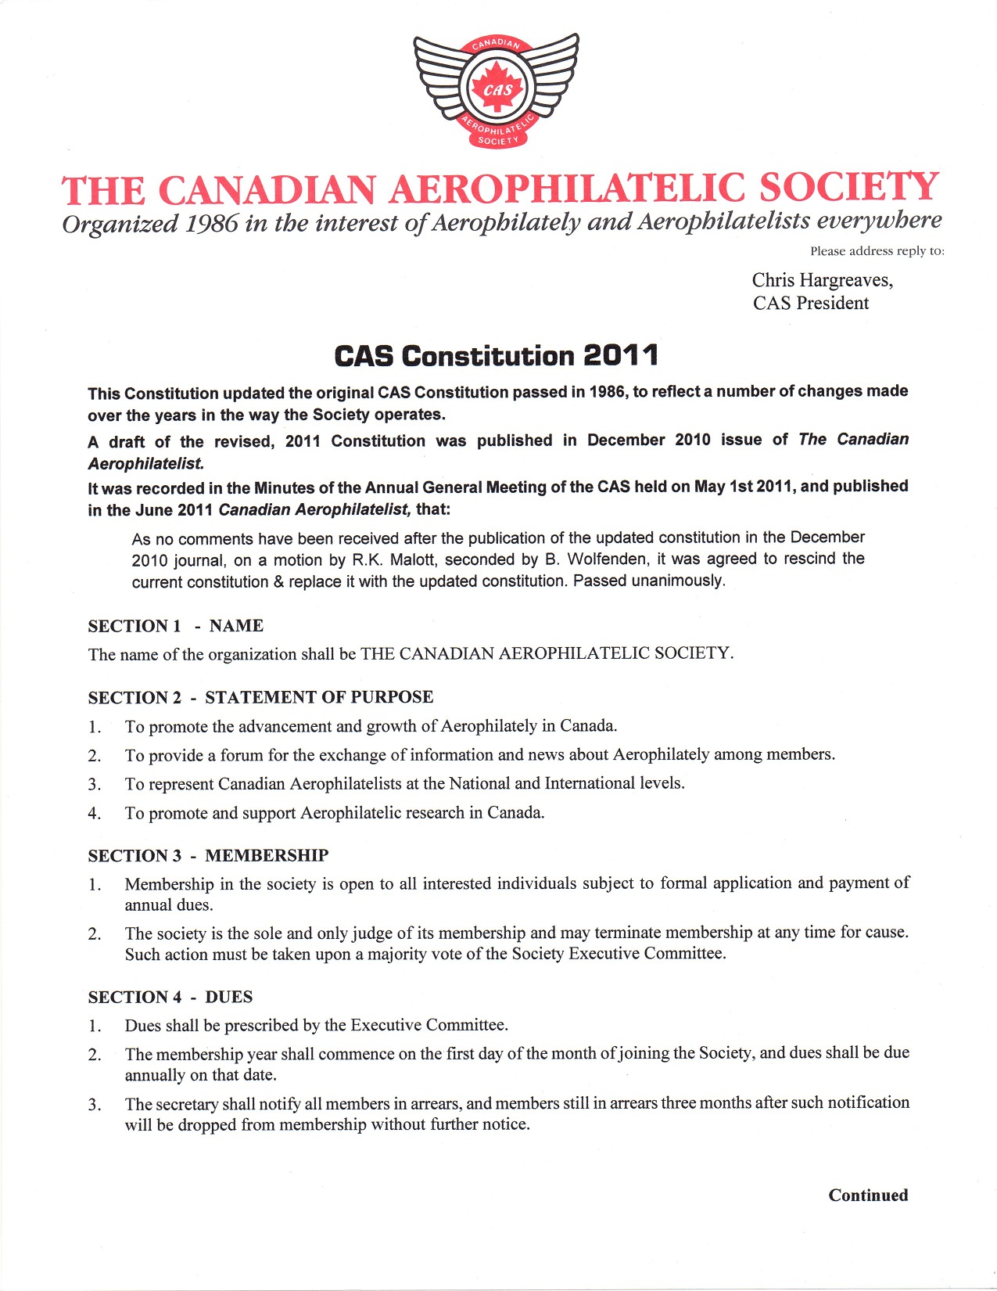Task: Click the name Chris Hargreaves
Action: [x=822, y=280]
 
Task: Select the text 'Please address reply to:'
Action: [x=877, y=251]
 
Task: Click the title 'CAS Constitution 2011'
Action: [x=497, y=356]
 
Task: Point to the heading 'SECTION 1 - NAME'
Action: [x=175, y=626]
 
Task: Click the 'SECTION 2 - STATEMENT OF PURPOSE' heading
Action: [x=260, y=697]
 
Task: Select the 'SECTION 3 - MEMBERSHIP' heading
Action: [x=208, y=855]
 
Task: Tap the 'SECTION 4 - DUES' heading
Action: [x=170, y=997]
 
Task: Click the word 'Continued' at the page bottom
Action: [x=868, y=1195]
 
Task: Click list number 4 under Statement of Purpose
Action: [x=94, y=814]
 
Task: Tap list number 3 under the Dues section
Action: [x=94, y=1105]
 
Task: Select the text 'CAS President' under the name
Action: [x=811, y=304]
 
